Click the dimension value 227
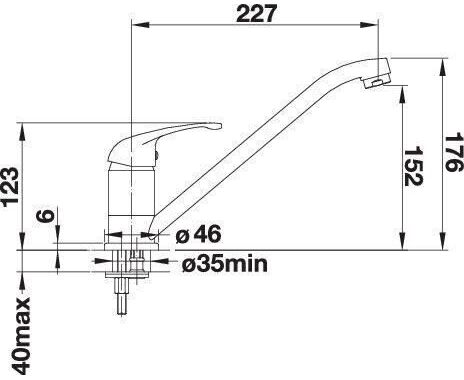[x=256, y=14]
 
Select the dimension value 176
[x=453, y=152]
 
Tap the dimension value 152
[x=413, y=166]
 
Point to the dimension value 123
[x=10, y=187]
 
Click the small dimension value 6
[x=45, y=216]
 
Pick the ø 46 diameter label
[x=198, y=234]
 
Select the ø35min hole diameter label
[x=225, y=264]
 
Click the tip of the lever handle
[x=218, y=126]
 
